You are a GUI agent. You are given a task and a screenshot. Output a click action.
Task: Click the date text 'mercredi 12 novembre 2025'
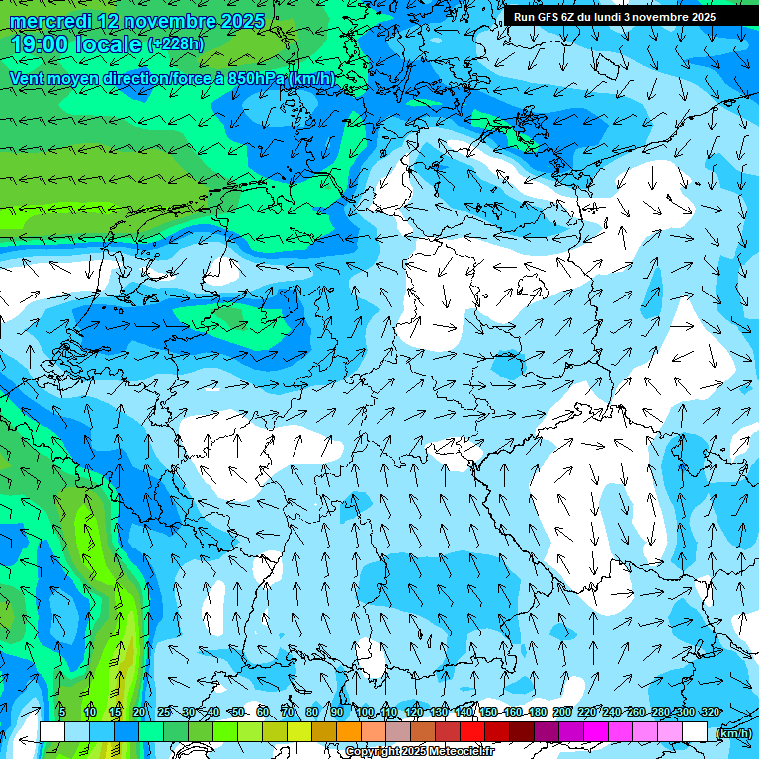[x=137, y=21]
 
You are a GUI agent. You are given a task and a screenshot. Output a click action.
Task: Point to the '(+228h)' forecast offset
[x=175, y=44]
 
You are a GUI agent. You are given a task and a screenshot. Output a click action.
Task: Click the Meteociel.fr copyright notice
[x=419, y=751]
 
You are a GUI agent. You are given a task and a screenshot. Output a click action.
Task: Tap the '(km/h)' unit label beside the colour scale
[x=732, y=733]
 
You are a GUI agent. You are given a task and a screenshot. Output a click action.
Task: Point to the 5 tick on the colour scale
[x=62, y=712]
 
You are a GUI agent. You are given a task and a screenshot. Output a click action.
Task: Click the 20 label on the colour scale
[x=138, y=712]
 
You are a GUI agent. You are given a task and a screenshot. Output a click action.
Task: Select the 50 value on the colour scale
[x=238, y=712]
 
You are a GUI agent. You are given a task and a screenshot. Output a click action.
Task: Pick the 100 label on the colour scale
[x=366, y=712]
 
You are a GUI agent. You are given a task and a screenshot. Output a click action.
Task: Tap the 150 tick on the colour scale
[x=489, y=712]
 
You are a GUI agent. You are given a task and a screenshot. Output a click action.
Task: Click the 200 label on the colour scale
[x=563, y=712]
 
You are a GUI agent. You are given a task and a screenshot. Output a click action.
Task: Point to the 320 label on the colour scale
[x=710, y=712]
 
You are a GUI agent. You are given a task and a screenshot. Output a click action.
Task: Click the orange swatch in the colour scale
[x=349, y=731]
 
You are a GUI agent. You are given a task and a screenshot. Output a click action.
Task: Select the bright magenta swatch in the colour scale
[x=596, y=731]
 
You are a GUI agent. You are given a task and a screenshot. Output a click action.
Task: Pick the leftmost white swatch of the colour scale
[x=52, y=731]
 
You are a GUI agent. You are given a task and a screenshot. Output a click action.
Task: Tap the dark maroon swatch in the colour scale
[x=522, y=731]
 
